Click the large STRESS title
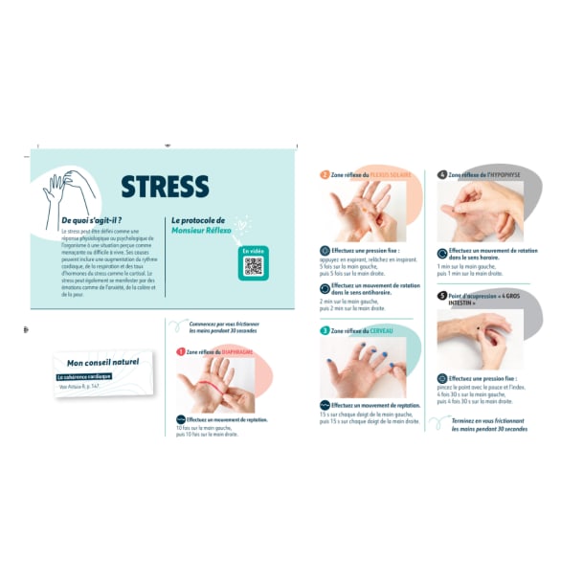[164, 186]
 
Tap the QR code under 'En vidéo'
[253, 266]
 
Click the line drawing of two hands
[70, 191]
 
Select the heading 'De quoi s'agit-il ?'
[91, 220]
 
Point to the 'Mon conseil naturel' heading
[102, 362]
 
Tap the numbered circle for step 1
[180, 351]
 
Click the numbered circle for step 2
[325, 175]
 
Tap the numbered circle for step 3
[325, 330]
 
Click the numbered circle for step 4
[441, 175]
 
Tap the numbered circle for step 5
[441, 296]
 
